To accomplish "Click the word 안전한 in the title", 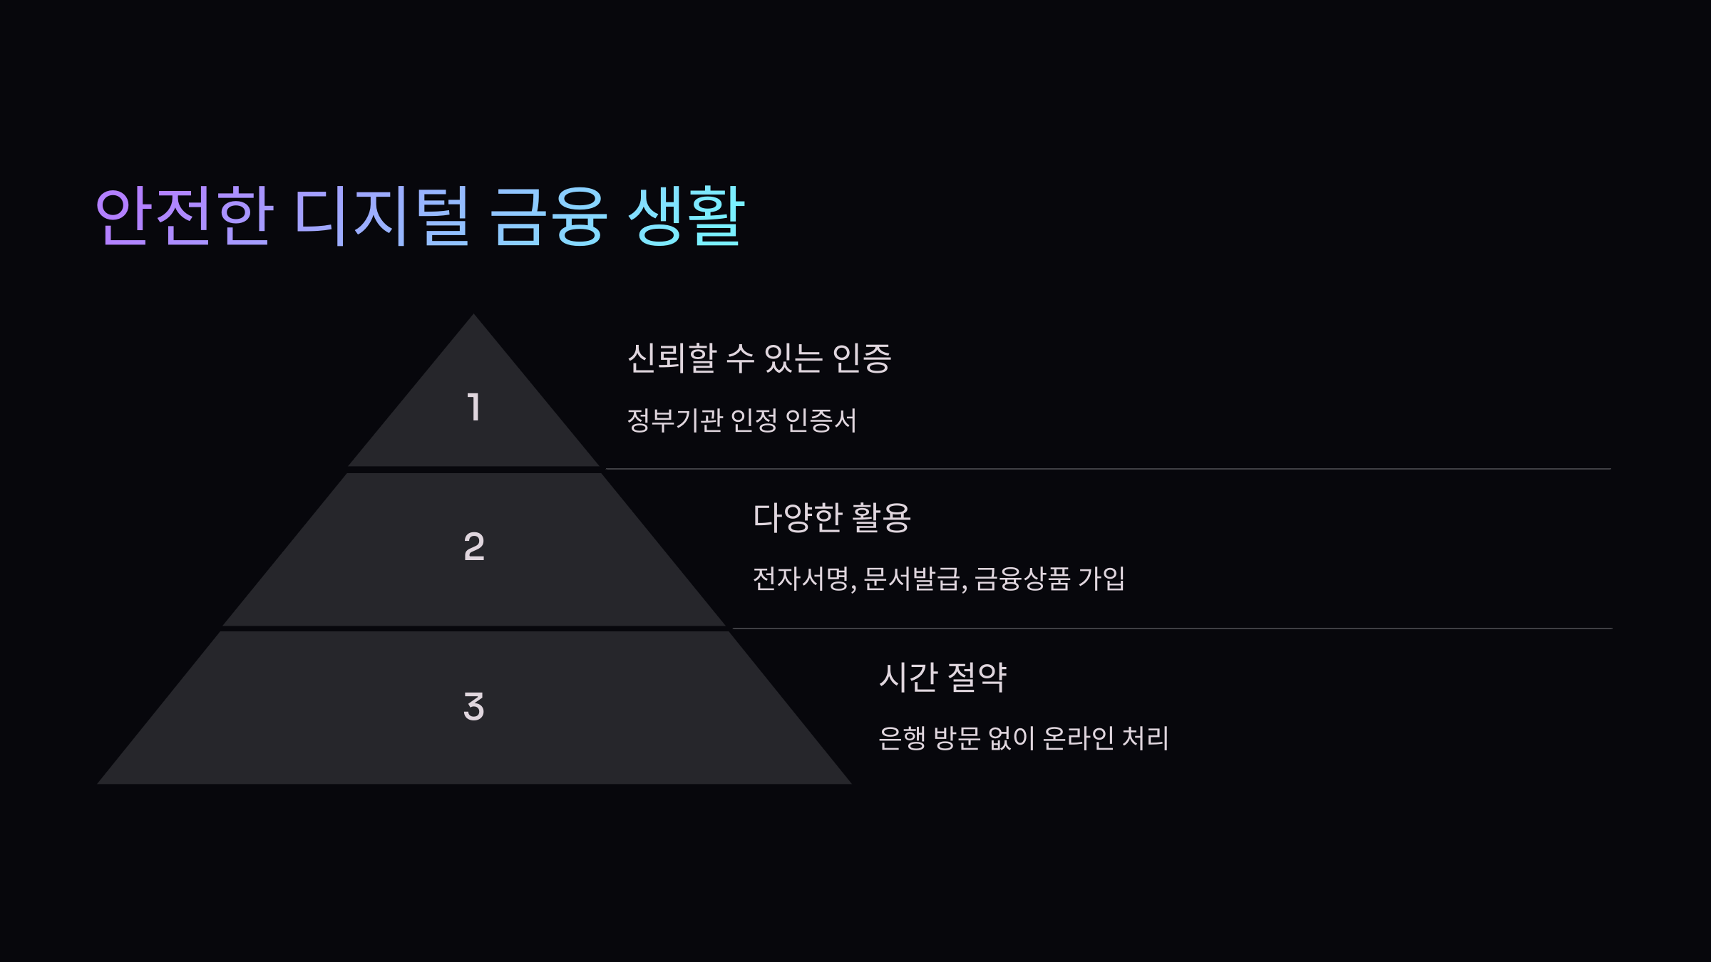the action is [x=184, y=215].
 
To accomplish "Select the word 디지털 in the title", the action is [x=381, y=215].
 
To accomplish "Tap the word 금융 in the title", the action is [x=548, y=215].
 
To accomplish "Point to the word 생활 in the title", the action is [x=687, y=215].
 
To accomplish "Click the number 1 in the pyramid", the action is [x=474, y=408].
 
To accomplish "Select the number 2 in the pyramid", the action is [x=474, y=547].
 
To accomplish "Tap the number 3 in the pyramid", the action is [x=474, y=707].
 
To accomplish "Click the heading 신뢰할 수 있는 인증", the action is [x=759, y=358].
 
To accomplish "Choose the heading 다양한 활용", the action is [x=832, y=517].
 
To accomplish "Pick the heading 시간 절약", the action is [x=942, y=677].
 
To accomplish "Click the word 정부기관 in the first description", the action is [x=675, y=420].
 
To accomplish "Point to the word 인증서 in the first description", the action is [x=821, y=420].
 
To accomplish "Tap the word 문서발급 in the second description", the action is [x=912, y=579].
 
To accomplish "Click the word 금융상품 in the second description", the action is [x=1022, y=579].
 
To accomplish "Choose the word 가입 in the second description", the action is [x=1101, y=579].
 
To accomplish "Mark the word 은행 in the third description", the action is [x=902, y=738].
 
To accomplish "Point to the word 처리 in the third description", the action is [x=1146, y=738].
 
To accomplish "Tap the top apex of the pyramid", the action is [x=473, y=316].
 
